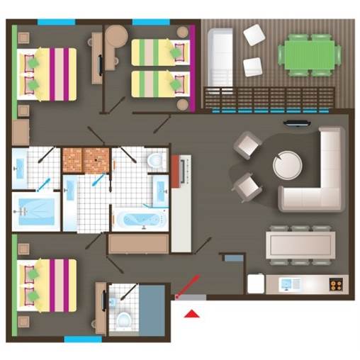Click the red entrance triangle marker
click(191, 313)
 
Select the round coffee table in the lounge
click(287, 165)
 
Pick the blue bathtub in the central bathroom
click(140, 219)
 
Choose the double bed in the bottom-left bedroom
click(46, 284)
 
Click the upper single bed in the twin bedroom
click(160, 52)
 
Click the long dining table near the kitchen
click(301, 246)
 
